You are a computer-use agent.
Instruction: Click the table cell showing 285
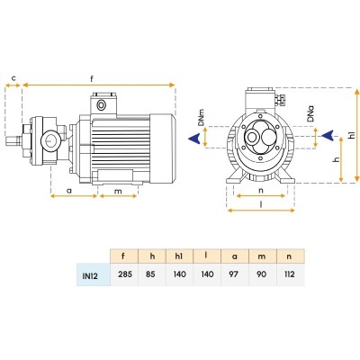coord(124,274)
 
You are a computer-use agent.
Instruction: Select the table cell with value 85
coord(152,274)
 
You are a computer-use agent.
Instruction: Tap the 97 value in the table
coord(235,274)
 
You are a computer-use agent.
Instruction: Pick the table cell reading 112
coord(291,274)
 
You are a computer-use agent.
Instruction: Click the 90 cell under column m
coord(263,274)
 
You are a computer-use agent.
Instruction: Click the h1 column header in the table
coord(179,256)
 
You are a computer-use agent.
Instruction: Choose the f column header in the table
coord(123,256)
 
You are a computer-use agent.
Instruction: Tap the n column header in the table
coord(289,256)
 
